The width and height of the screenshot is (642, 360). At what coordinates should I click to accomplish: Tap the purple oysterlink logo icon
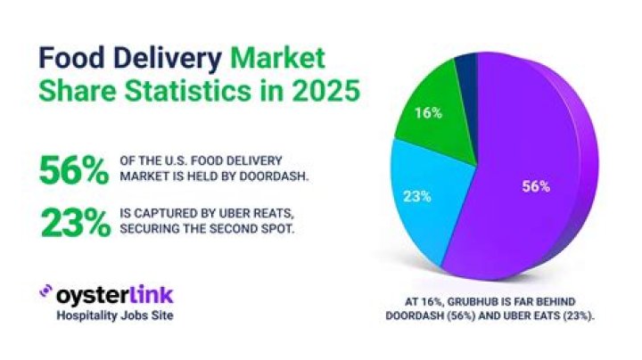[x=46, y=291]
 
